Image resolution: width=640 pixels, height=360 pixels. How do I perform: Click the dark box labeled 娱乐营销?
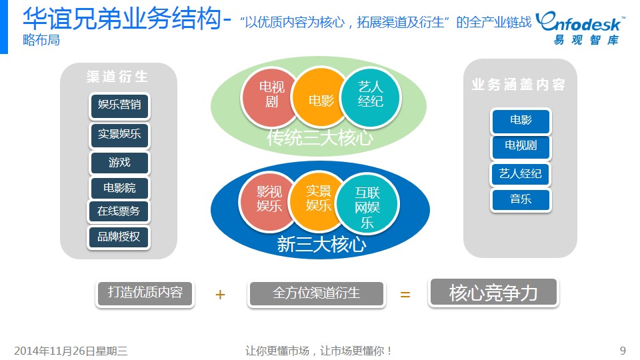click(119, 105)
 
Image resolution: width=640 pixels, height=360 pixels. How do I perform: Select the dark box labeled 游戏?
click(119, 163)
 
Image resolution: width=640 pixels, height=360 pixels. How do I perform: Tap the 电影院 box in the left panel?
click(119, 188)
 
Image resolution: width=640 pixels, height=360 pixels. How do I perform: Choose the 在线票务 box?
click(119, 211)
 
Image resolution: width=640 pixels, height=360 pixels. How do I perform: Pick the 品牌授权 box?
click(119, 237)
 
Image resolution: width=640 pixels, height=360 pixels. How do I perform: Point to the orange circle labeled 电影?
click(321, 97)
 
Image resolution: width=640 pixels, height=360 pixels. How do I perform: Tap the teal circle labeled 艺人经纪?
click(371, 97)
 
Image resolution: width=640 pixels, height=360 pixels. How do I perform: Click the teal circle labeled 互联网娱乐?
click(367, 204)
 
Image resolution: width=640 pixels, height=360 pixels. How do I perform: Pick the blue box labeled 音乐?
click(521, 199)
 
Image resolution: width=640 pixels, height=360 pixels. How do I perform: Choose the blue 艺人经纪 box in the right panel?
click(521, 174)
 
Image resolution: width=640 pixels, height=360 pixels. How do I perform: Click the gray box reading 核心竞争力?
click(493, 292)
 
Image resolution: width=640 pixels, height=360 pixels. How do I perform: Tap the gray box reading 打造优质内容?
click(145, 293)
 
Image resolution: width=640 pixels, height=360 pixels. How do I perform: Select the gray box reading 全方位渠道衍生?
click(316, 293)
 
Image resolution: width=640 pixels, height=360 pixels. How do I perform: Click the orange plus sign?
click(220, 294)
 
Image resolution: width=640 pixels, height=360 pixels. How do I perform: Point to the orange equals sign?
click(405, 294)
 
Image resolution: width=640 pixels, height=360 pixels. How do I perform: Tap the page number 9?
click(623, 351)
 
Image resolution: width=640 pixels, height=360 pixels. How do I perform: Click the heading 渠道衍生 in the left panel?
click(117, 76)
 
